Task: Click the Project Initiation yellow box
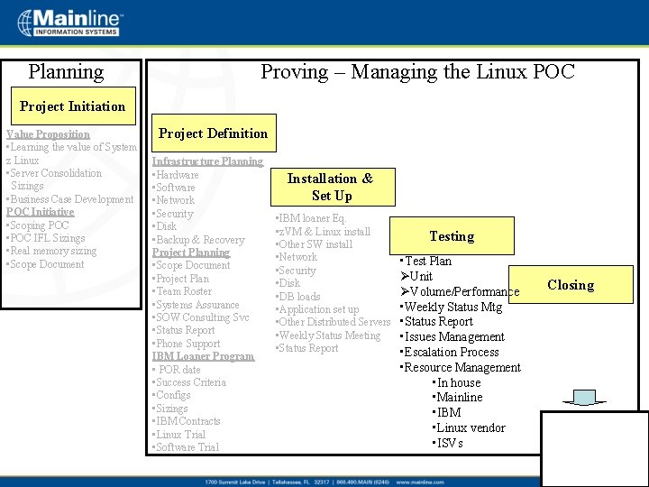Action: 72,106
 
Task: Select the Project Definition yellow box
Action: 213,133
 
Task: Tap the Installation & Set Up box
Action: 330,187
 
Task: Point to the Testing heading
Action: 452,236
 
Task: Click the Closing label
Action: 571,285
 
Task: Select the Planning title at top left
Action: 66,72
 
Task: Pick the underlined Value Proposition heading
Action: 49,134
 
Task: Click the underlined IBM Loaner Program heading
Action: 203,356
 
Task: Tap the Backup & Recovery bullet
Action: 199,240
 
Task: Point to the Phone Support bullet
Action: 187,344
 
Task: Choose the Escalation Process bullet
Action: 450,353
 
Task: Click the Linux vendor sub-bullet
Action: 470,428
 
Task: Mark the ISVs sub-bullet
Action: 449,444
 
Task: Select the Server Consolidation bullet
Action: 55,173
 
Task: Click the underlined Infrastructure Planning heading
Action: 207,161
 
